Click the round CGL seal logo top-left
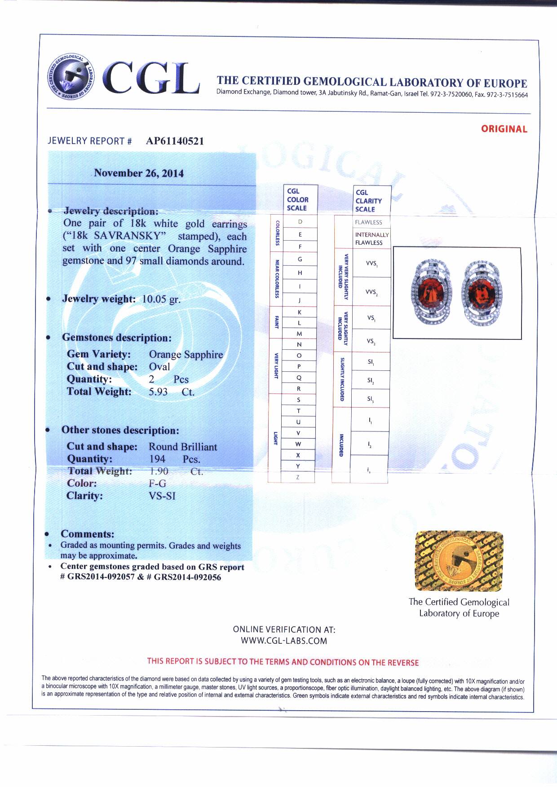pos(70,76)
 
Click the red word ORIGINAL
pos(504,129)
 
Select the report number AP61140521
pos(175,141)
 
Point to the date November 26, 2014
pos(139,173)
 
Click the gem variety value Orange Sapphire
pos(186,355)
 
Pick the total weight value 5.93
pos(158,392)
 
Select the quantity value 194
pos(157,459)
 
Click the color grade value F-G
pos(157,484)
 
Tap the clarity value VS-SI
pos(162,496)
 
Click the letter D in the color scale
pos(300,222)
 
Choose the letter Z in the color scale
pos(298,477)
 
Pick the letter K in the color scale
pos(300,312)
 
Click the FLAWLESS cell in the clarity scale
pos(368,222)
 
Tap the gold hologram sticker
pos(459,561)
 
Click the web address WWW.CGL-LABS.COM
pos(284,641)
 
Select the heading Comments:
pos(87,534)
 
